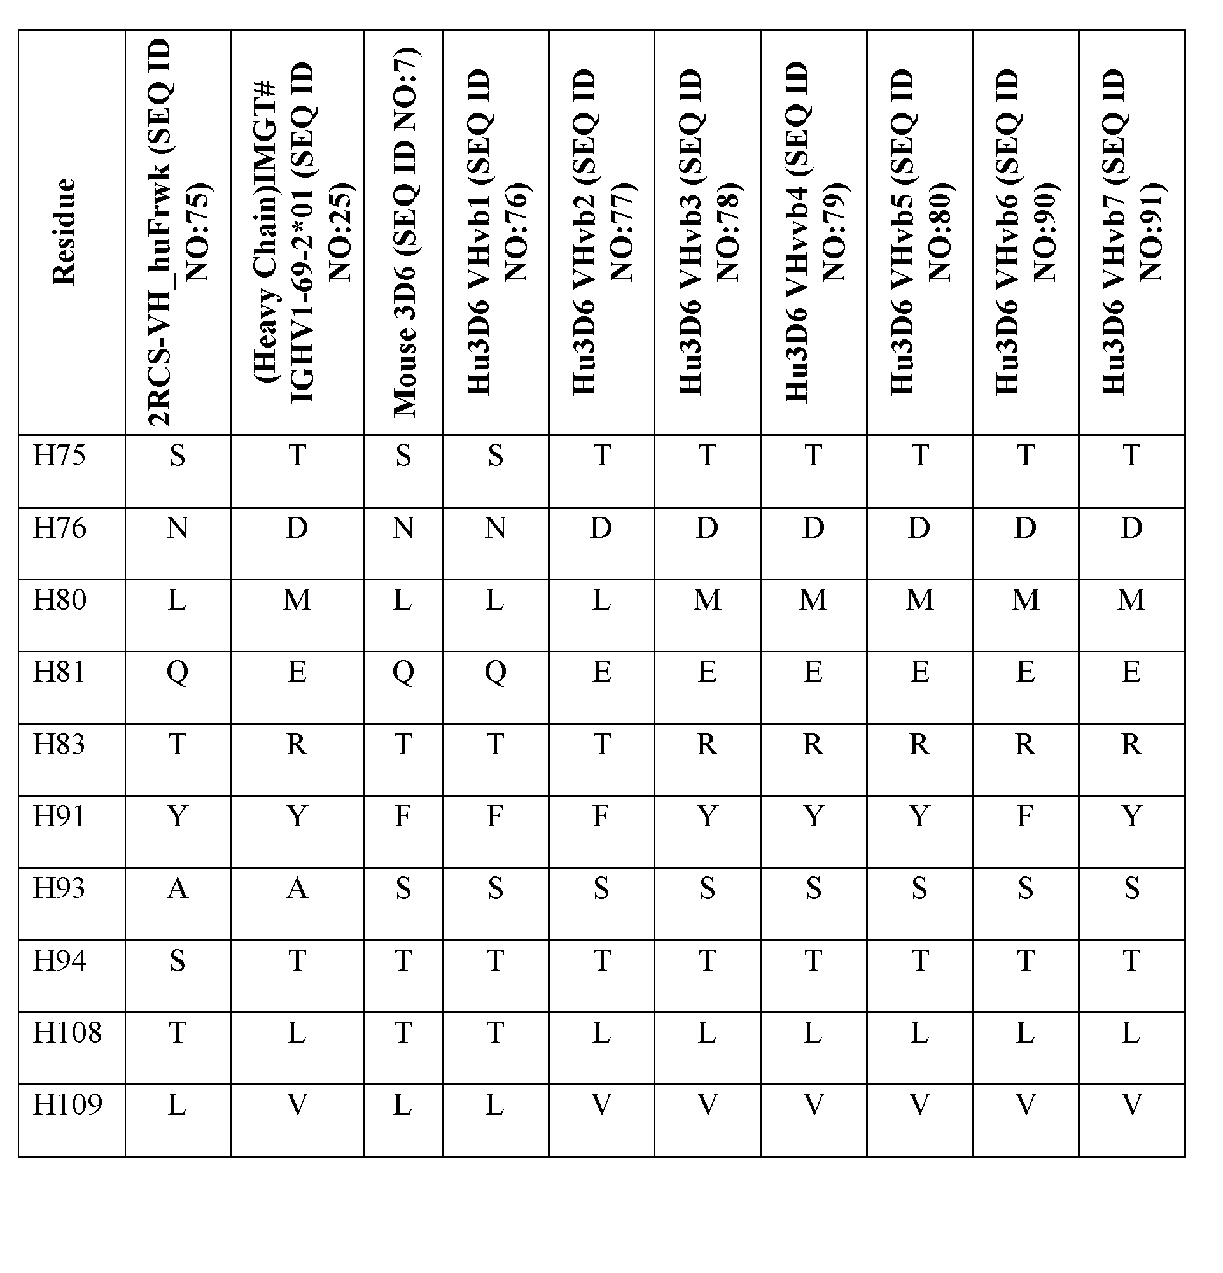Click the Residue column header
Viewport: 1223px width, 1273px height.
click(64, 232)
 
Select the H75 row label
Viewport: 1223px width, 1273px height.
click(59, 455)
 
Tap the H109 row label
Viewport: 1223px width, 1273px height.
click(67, 1104)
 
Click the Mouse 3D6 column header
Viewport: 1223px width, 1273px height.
click(403, 232)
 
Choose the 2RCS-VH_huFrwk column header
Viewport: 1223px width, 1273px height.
click(178, 232)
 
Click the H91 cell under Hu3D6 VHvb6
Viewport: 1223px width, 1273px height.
click(1025, 816)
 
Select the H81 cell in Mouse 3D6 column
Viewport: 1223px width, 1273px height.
click(403, 672)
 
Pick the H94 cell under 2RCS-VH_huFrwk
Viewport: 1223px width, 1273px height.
click(178, 960)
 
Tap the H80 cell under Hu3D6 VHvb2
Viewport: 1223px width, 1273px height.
click(601, 600)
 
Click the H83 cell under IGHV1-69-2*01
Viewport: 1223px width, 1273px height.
click(297, 743)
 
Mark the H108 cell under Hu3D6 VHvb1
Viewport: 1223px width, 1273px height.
click(495, 1032)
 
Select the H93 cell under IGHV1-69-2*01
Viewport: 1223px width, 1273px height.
click(297, 888)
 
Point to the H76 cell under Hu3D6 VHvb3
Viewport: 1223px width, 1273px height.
click(707, 528)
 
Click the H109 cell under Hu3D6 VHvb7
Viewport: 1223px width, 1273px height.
click(1131, 1104)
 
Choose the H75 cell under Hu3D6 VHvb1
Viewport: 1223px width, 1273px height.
click(495, 455)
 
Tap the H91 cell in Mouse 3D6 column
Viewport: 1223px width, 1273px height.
click(403, 816)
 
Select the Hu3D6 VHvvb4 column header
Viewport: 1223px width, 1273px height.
click(813, 232)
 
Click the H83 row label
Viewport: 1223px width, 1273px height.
click(59, 743)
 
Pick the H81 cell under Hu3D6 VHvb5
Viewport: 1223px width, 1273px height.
click(919, 672)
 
